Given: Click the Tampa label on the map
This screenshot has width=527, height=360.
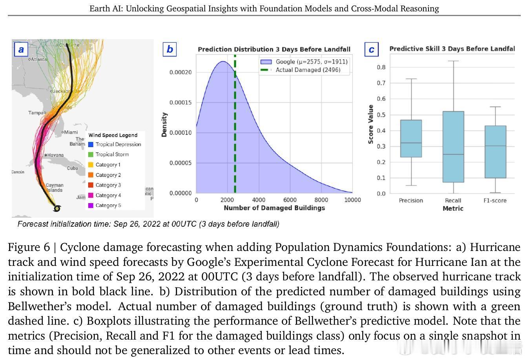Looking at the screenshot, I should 36,113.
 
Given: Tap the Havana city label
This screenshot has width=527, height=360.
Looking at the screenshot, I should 55,155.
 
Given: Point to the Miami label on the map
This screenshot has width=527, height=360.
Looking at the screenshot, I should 71,132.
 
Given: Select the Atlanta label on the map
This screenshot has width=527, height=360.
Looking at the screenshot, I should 38,59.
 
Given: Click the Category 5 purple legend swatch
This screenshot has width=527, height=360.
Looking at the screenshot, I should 91,205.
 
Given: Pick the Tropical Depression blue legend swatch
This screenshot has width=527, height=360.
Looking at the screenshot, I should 91,144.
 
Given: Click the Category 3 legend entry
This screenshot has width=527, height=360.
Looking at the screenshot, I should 108,185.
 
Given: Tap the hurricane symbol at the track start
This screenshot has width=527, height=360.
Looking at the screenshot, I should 57,208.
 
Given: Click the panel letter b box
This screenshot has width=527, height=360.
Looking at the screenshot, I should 170,49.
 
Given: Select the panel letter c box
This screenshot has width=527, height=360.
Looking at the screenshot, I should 371,50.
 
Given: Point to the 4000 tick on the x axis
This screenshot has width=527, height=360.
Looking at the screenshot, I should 259,200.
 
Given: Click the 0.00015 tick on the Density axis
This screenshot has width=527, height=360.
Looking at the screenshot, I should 181,102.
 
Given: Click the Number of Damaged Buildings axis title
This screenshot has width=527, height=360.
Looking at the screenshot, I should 274,208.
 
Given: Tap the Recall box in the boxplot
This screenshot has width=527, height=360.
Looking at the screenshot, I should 453,147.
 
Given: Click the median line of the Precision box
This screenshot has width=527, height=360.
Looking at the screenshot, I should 411,143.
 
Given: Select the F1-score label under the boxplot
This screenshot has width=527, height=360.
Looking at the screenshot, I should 495,200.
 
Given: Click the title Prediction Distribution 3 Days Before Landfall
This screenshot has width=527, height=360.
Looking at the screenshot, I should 274,49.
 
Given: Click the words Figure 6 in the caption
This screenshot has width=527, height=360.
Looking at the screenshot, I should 29,247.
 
